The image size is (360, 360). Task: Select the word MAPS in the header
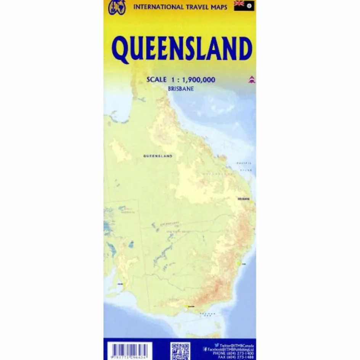[219, 7]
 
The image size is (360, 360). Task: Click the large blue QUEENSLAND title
[182, 50]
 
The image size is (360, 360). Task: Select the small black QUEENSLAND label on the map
[157, 156]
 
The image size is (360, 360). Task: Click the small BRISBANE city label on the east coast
[243, 199]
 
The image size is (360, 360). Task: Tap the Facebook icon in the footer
[205, 349]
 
